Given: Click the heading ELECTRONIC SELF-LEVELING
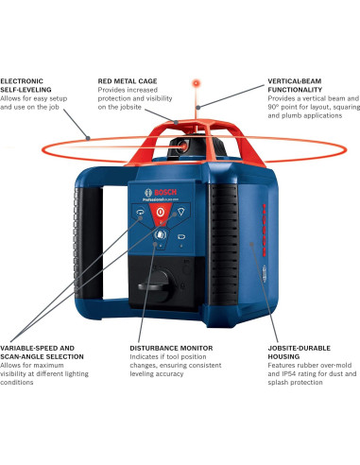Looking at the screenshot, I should [28, 86].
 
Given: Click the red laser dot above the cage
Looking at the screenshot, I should [197, 82].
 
